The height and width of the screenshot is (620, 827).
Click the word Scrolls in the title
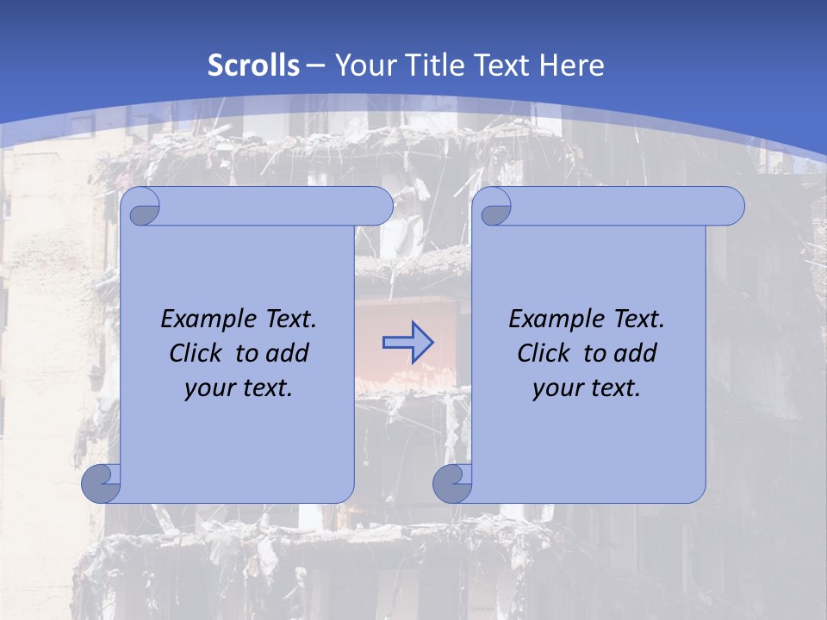(254, 65)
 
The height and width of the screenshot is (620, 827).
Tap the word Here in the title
(572, 65)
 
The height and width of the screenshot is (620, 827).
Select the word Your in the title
(362, 65)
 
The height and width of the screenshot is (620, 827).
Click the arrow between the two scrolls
(407, 343)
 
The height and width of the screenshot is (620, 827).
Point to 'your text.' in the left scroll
(239, 387)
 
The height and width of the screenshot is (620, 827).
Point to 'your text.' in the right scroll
(587, 387)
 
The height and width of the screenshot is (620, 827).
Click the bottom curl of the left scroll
(101, 483)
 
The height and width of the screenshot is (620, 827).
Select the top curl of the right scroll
(494, 207)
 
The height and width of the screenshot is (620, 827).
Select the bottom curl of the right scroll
(452, 483)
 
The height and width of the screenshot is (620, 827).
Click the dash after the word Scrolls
(315, 65)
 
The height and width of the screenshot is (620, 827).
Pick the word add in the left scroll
(289, 353)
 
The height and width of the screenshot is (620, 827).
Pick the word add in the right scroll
(637, 353)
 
